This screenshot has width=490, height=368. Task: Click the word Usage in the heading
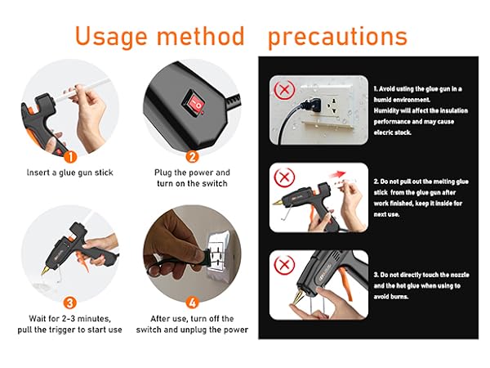(x=111, y=37)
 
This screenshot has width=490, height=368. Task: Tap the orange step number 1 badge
(x=70, y=156)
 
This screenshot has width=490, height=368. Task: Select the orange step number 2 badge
(x=192, y=156)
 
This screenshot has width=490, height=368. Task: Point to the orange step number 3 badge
(x=69, y=303)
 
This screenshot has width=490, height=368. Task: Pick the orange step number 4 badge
(x=192, y=303)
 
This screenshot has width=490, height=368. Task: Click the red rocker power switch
(x=194, y=103)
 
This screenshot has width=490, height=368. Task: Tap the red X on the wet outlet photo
(x=284, y=90)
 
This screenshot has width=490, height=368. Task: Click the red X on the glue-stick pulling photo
(x=284, y=177)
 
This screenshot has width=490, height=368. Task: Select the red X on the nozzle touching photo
(x=284, y=265)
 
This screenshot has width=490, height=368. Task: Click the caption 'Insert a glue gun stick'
(x=70, y=173)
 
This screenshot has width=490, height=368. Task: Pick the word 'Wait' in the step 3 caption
(x=36, y=319)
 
